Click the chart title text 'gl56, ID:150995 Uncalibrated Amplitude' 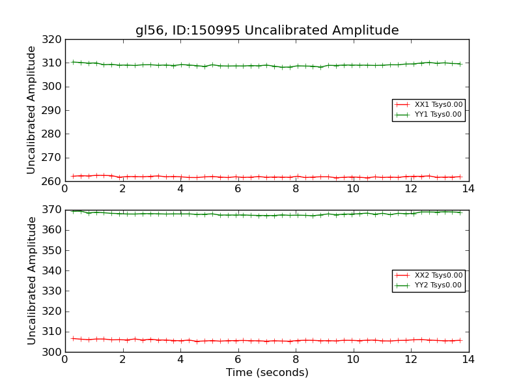click(267, 31)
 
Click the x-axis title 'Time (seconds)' click(267, 373)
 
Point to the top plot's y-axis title click(31, 110)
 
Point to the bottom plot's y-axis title click(31, 281)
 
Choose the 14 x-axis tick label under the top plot click(468, 189)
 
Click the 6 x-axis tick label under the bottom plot click(238, 360)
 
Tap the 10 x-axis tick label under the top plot click(353, 189)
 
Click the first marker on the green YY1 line click(73, 62)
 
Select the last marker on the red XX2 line click(460, 340)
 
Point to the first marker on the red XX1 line click(73, 176)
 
